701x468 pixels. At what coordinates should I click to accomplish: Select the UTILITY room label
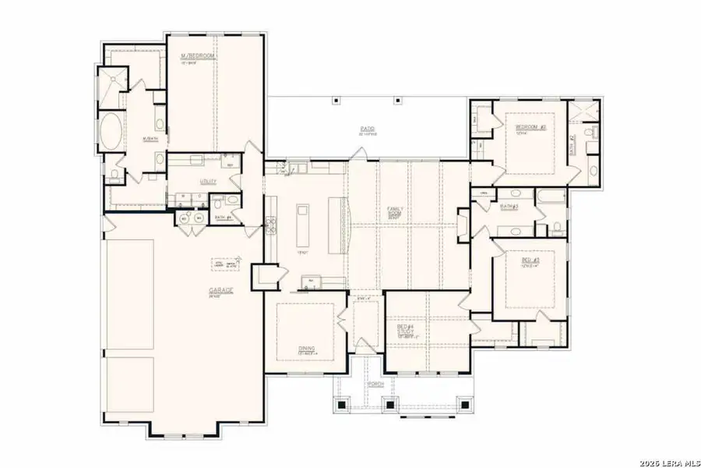click(208, 181)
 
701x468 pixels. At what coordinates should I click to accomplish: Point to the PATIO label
click(368, 129)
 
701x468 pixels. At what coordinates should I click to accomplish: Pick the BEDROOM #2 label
click(530, 126)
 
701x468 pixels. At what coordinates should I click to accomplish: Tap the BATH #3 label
click(510, 207)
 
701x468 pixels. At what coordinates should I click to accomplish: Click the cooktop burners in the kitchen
click(272, 226)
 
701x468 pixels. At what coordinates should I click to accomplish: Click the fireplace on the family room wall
click(463, 222)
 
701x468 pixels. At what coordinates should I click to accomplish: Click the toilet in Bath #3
click(558, 228)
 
